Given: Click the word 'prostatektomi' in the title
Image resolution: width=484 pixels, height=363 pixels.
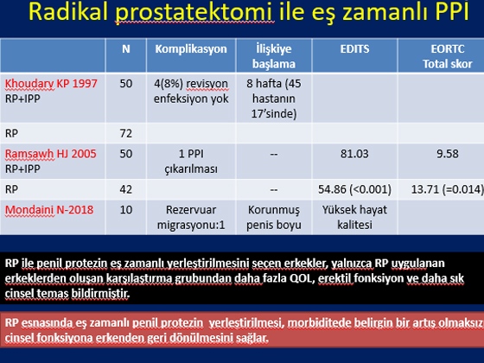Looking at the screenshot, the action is click(x=194, y=12).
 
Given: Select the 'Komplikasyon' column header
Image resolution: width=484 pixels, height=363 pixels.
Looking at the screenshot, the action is click(x=191, y=49).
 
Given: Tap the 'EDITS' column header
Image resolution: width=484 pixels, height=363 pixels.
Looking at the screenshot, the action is click(x=354, y=48).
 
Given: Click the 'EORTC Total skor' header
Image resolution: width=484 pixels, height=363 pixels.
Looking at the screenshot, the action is click(x=448, y=56).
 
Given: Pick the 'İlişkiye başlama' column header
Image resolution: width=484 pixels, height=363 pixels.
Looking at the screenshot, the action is click(x=274, y=56).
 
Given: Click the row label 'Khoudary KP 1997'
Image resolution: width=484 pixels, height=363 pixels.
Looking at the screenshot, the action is click(x=51, y=83).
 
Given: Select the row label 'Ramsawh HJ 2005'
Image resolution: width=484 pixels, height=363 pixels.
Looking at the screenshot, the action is click(x=51, y=154).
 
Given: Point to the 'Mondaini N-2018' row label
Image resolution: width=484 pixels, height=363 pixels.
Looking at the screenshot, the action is click(x=49, y=210).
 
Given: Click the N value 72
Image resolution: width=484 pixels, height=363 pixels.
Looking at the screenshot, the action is click(x=126, y=133).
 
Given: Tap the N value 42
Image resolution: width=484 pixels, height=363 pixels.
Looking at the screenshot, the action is click(x=126, y=189).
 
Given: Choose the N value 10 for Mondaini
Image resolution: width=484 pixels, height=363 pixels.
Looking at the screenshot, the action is click(x=126, y=210).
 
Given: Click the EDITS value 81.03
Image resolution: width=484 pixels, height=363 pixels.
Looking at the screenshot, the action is click(x=354, y=154).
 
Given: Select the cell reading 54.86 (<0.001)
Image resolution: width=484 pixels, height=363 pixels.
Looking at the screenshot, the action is click(x=354, y=189).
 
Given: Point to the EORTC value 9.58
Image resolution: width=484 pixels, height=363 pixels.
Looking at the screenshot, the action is click(x=448, y=154).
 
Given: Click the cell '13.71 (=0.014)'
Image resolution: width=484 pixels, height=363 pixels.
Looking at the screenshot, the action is click(x=448, y=189).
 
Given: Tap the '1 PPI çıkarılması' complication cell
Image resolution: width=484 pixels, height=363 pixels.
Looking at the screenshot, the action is click(x=191, y=162).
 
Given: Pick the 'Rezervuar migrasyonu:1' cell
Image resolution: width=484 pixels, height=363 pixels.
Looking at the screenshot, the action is click(x=191, y=217).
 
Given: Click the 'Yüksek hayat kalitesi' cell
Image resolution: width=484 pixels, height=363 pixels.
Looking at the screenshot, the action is click(x=354, y=217).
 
